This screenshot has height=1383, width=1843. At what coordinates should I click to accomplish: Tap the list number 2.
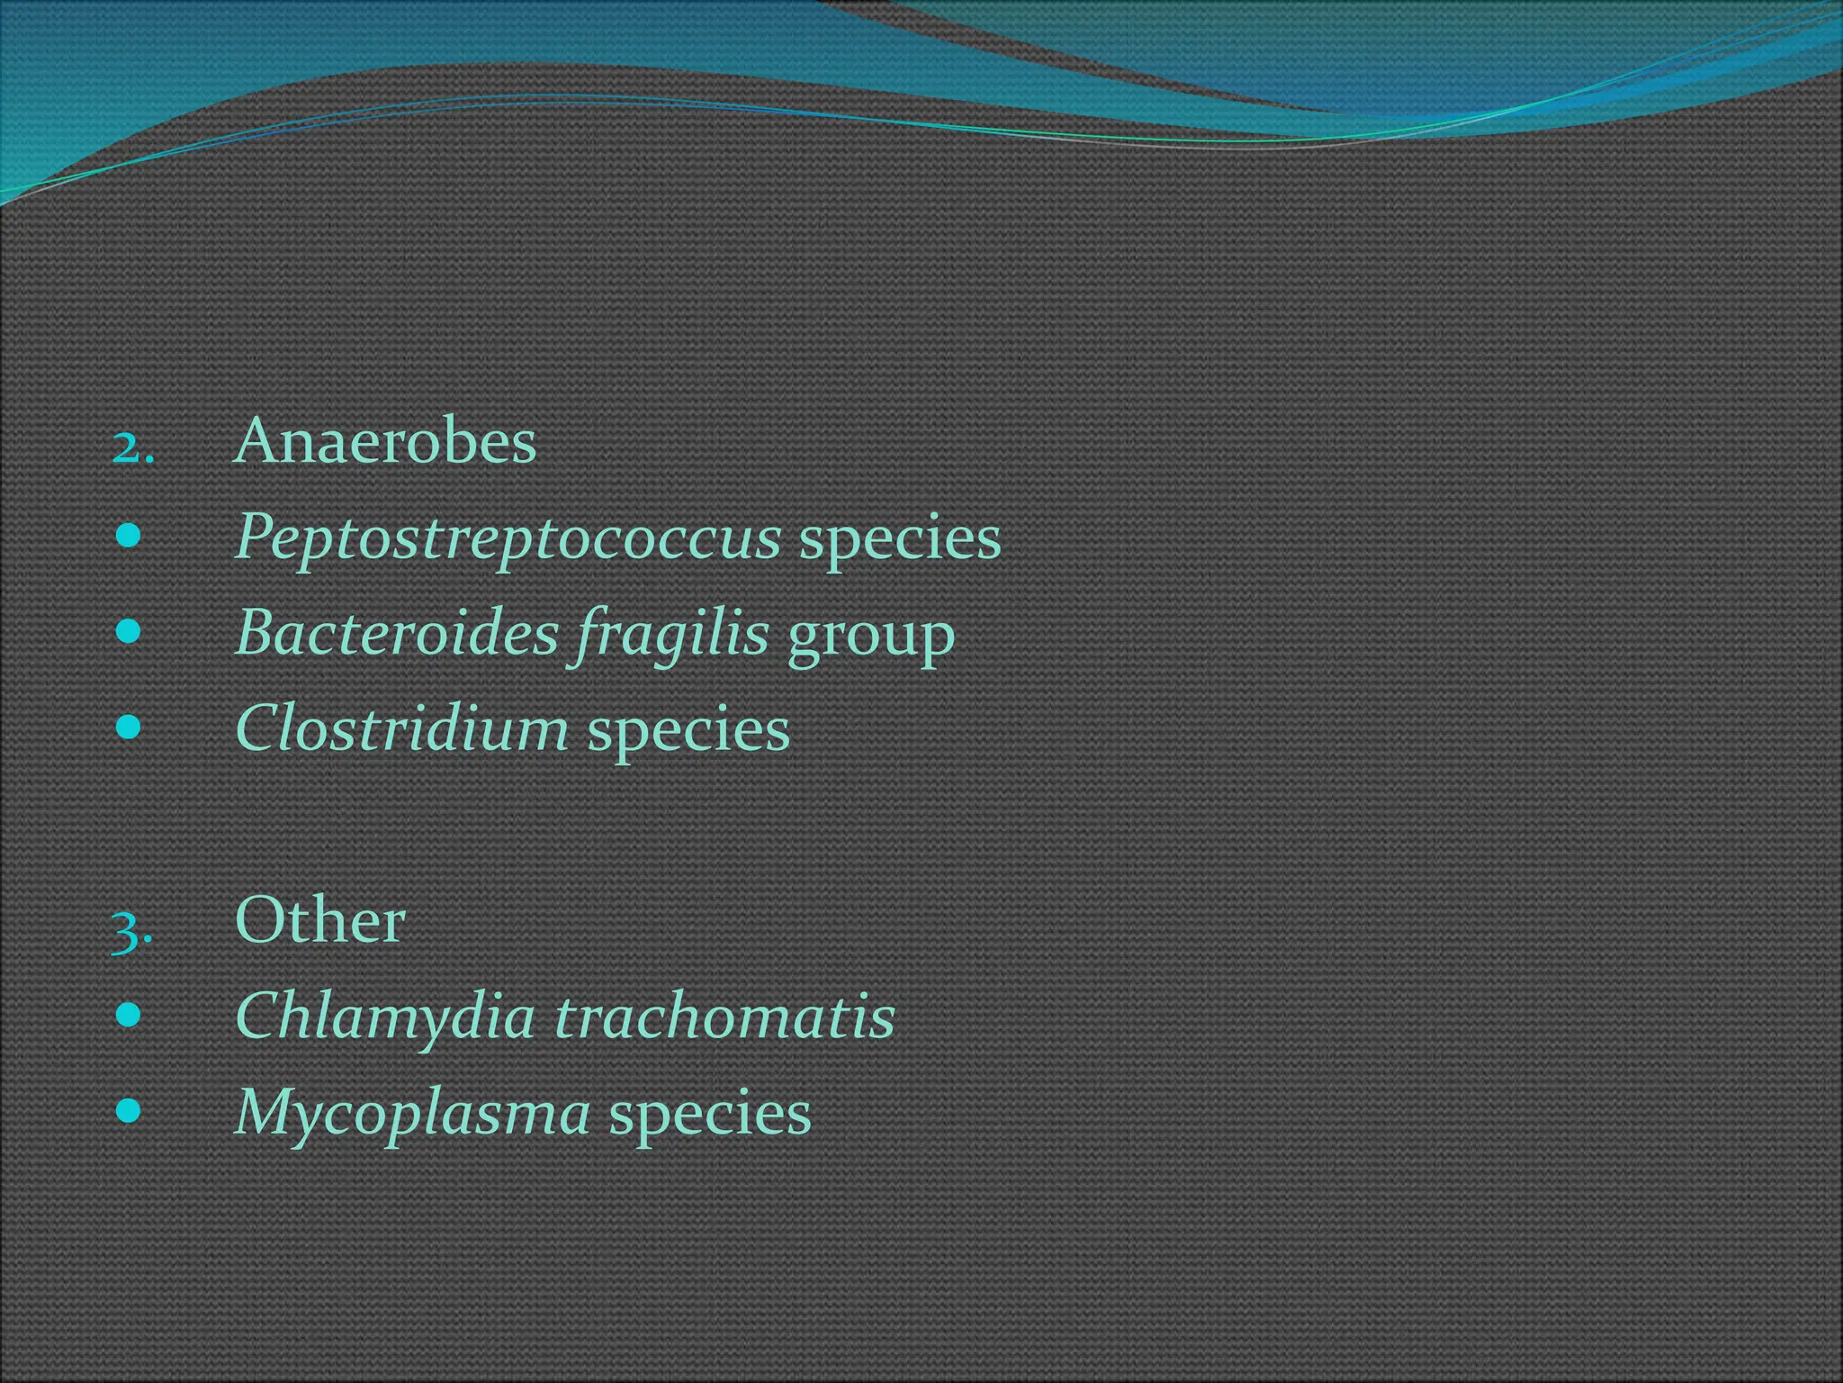tap(132, 447)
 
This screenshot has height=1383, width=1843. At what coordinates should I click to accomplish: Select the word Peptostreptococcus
tap(508, 538)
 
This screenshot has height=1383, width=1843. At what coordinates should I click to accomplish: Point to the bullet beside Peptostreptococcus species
tap(129, 537)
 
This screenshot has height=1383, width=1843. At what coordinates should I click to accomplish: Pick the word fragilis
tap(671, 634)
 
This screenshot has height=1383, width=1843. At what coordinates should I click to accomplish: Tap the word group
tap(870, 636)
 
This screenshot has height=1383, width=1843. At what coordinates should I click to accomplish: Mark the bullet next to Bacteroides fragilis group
tap(129, 632)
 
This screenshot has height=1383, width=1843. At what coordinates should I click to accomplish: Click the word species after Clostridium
tap(688, 731)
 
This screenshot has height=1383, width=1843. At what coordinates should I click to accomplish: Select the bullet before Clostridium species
tap(129, 728)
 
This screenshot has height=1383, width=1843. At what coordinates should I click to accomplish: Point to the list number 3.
tap(131, 931)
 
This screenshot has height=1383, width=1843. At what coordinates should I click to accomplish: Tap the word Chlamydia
tap(385, 1017)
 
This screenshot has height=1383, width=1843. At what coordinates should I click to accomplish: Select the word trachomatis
tap(724, 1017)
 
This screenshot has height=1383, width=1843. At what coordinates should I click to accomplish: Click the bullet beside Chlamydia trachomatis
tap(129, 1016)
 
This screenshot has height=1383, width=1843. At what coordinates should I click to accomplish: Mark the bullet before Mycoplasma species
tap(129, 1111)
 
